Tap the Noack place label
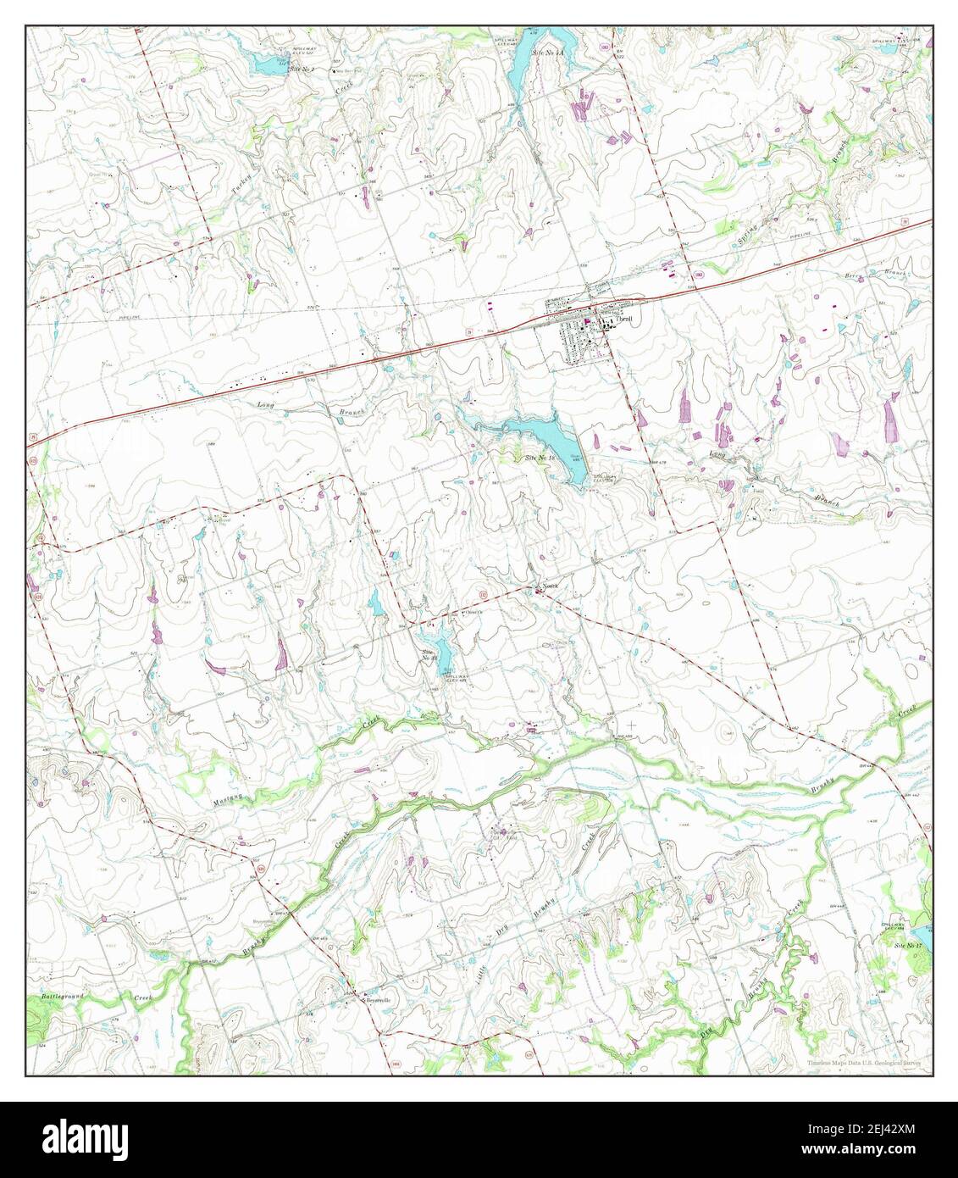point(551,586)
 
